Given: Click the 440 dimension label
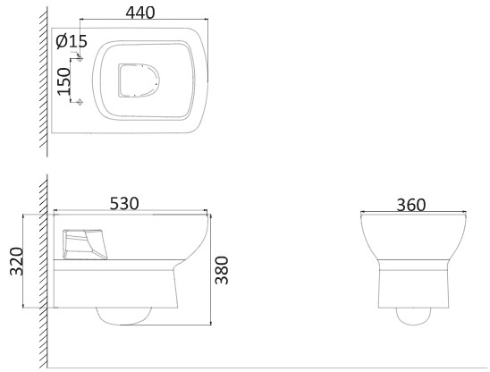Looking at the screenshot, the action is (140, 13).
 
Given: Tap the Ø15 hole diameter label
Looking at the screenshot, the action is (72, 41).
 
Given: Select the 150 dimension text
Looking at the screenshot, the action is (64, 81).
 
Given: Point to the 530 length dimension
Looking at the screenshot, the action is (124, 204).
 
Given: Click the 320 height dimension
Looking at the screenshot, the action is (17, 261).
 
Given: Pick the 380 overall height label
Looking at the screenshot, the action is (222, 270).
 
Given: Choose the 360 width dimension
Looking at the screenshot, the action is (411, 205).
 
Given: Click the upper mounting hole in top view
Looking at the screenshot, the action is (80, 58).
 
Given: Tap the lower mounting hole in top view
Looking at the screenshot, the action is (80, 102).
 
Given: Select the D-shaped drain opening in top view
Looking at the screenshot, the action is (139, 80).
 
